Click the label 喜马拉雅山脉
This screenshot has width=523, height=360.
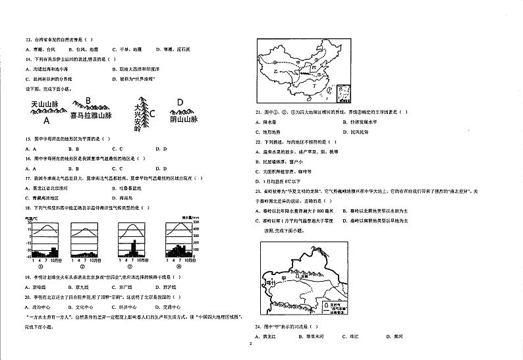coord(91,116)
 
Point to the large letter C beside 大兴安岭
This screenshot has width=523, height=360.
coord(152,113)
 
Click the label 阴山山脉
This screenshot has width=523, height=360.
coord(183,119)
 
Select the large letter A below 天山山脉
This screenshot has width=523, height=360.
coord(46,120)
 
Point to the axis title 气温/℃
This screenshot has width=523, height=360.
coord(32,217)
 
